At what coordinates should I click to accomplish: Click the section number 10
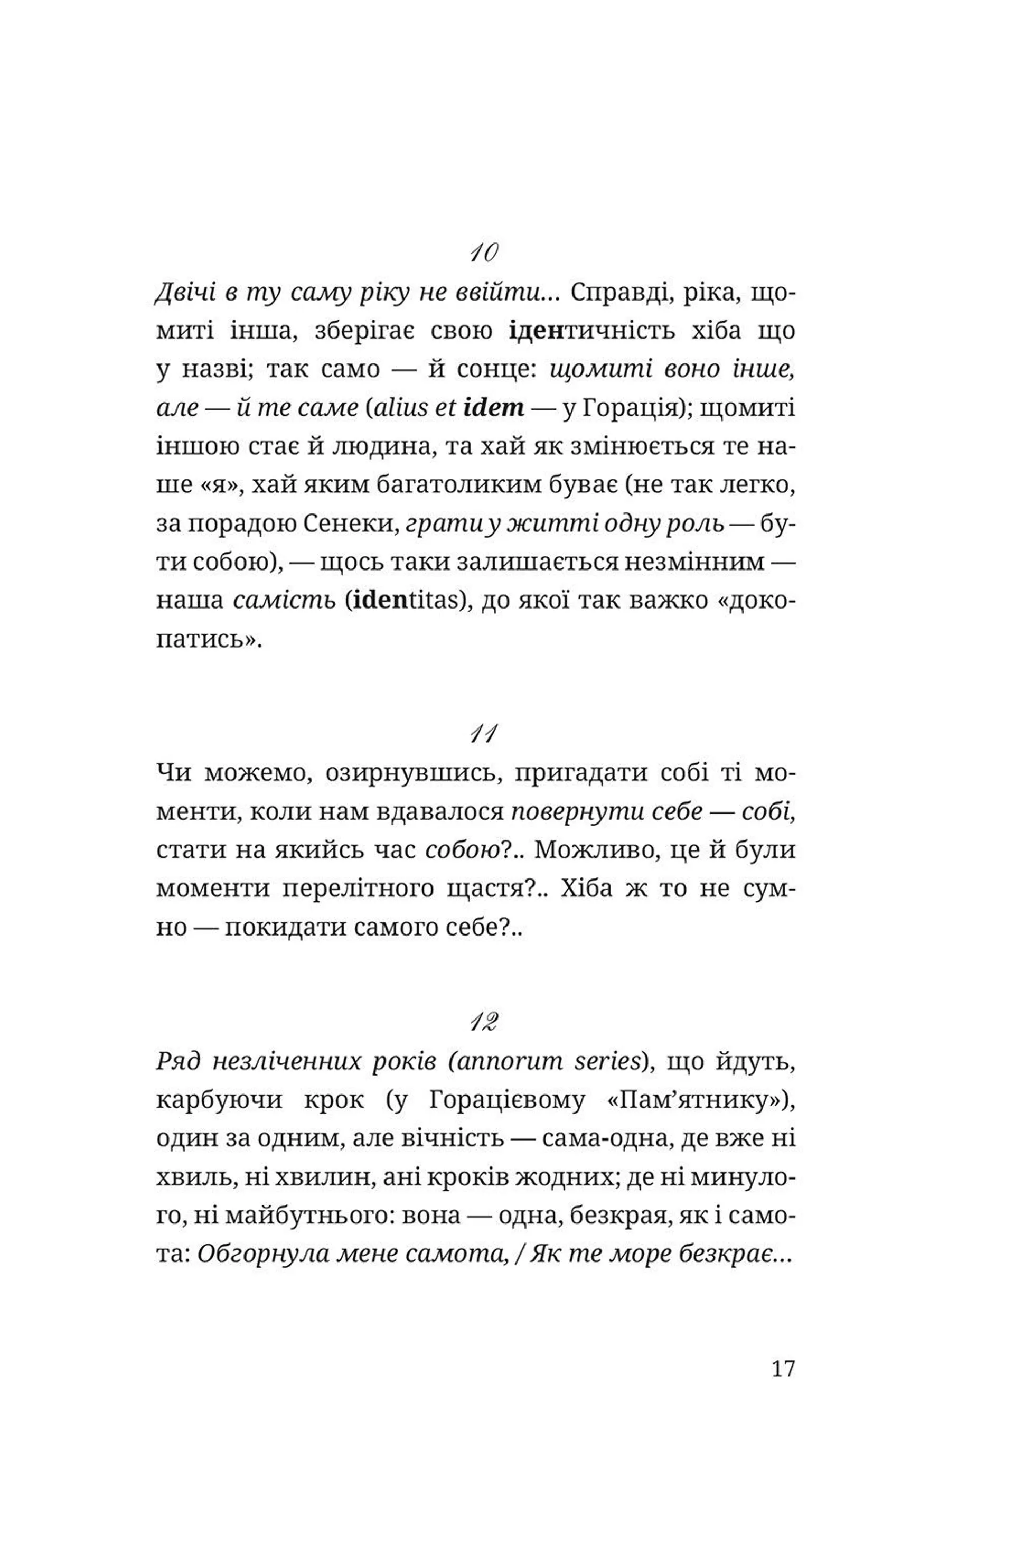click(484, 253)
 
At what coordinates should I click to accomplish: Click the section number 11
click(483, 734)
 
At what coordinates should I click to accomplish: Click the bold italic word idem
click(493, 408)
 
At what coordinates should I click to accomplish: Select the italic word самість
click(284, 600)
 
